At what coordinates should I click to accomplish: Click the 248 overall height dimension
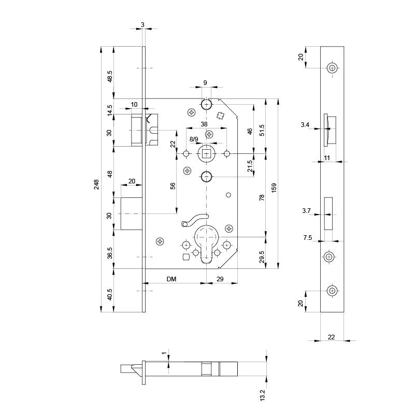click(x=96, y=184)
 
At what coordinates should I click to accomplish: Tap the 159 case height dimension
click(x=274, y=188)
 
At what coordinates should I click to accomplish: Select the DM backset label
click(x=171, y=279)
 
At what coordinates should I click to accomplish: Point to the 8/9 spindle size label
click(x=194, y=139)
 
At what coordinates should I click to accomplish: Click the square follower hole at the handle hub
click(x=206, y=153)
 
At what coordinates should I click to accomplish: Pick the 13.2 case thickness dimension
click(x=262, y=395)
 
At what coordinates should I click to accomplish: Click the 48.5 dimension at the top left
click(x=109, y=76)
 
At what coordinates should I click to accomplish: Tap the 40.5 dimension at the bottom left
click(x=109, y=294)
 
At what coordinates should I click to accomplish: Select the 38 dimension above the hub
click(x=204, y=124)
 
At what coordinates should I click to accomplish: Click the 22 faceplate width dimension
click(x=331, y=337)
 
